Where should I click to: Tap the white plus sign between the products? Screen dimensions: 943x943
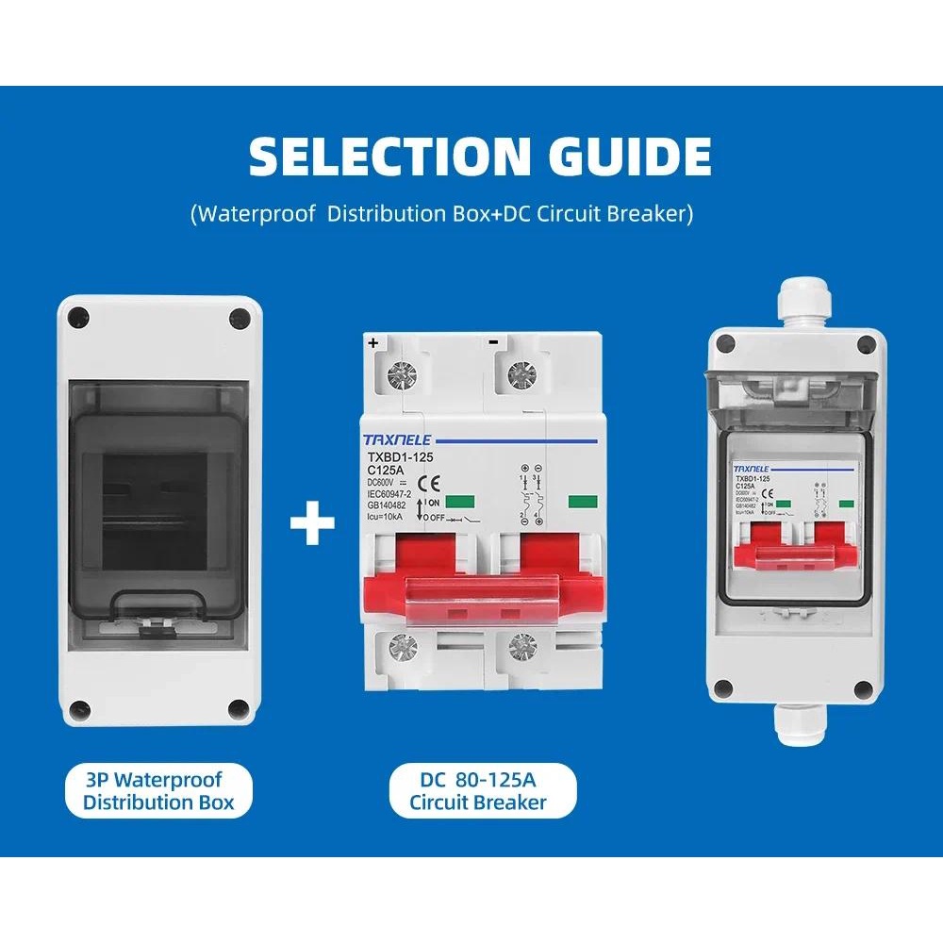pos(312,524)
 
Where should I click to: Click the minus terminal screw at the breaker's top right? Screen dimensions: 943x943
pos(518,374)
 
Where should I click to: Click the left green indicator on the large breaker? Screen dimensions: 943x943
pos(461,503)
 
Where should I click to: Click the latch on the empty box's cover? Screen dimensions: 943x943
pos(157,618)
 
